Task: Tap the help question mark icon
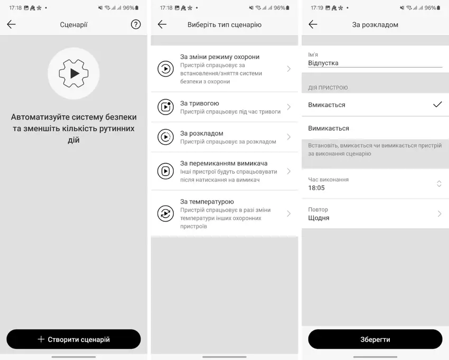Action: click(136, 24)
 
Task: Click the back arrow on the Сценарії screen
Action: click(12, 24)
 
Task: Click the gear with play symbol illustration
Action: click(73, 73)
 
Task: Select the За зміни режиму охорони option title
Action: click(220, 56)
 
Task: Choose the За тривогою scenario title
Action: click(200, 103)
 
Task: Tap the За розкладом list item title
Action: click(202, 133)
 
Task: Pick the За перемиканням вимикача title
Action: click(223, 163)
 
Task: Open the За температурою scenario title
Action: click(207, 202)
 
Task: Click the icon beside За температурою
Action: click(165, 213)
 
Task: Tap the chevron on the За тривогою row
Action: click(288, 107)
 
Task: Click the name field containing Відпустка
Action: click(375, 63)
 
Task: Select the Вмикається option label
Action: click(327, 105)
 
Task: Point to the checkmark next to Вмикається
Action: click(437, 105)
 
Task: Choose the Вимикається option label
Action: click(329, 128)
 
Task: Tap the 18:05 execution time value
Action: click(316, 188)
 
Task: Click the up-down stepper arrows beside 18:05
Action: click(439, 184)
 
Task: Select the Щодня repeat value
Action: click(319, 218)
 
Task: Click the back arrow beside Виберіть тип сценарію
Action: click(162, 24)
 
